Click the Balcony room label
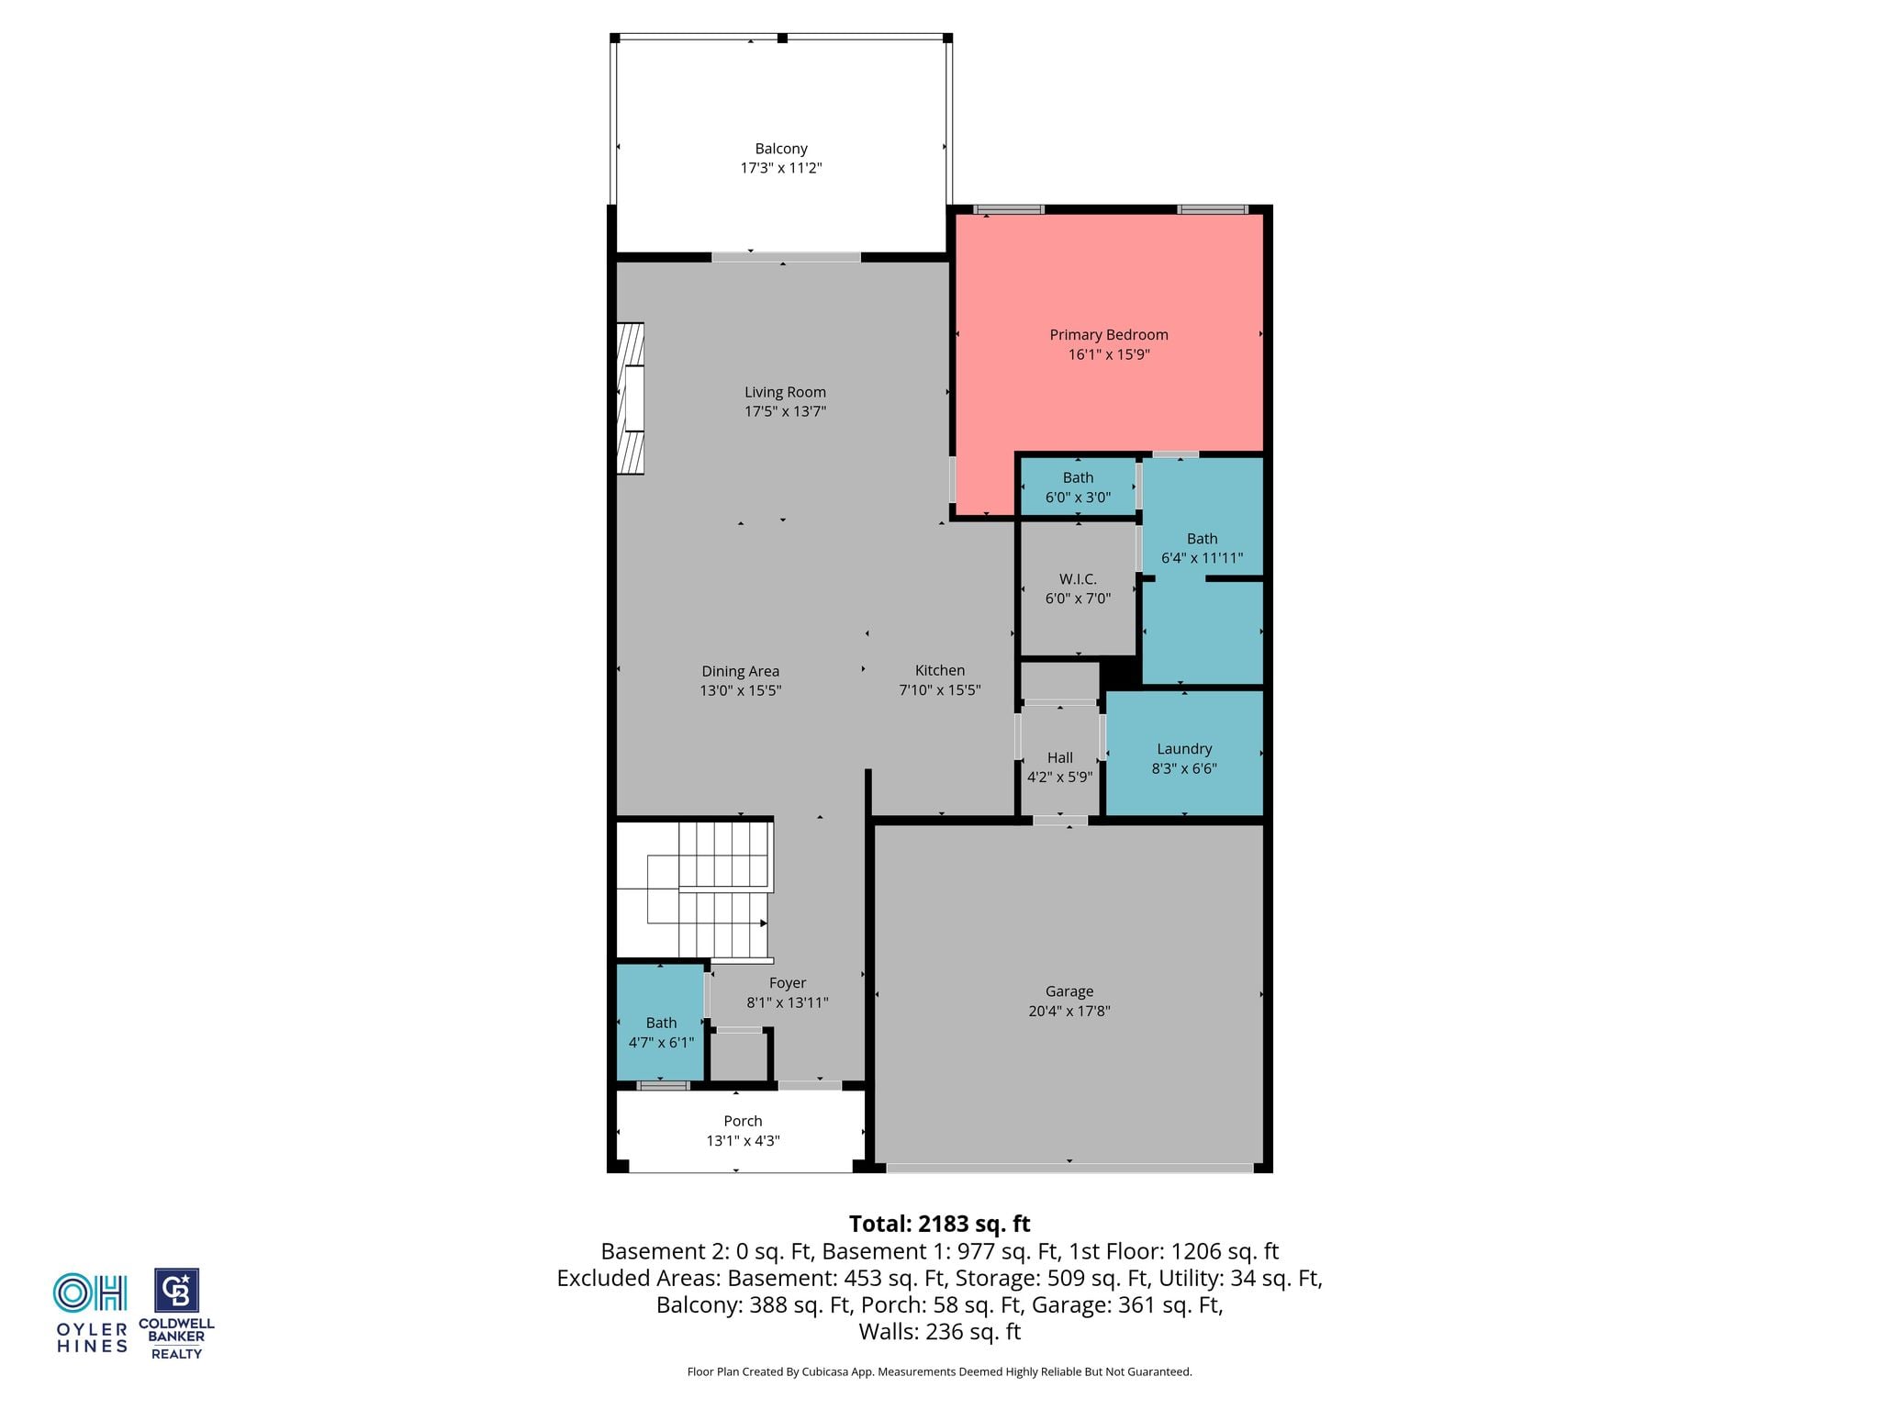point(781,149)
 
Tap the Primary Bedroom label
point(1109,335)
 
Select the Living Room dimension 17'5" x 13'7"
point(785,411)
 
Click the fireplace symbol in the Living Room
point(631,398)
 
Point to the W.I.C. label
point(1078,579)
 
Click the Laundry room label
point(1184,749)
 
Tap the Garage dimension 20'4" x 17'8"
point(1069,1011)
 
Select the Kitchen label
point(940,670)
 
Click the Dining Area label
point(741,671)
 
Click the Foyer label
point(788,983)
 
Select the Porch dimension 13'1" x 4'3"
point(743,1141)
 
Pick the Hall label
point(1060,757)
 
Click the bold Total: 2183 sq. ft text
point(939,1224)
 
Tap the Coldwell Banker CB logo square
point(176,1291)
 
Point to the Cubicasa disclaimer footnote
point(939,1371)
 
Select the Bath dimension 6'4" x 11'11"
point(1202,558)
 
